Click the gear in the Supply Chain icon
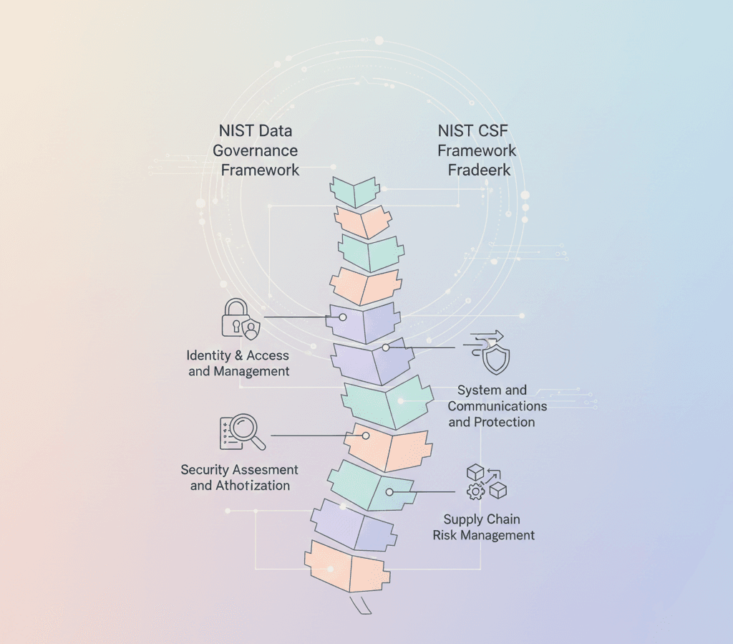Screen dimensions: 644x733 [476, 491]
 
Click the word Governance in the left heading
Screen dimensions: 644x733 [255, 151]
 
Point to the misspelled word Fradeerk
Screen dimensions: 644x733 [479, 170]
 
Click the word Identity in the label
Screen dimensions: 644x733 [208, 355]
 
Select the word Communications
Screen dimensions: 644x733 [497, 406]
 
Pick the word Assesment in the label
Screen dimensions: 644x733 [263, 470]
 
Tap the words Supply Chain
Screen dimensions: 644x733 [482, 519]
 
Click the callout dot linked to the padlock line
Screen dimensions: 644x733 [343, 317]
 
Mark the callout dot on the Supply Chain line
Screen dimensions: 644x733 [390, 492]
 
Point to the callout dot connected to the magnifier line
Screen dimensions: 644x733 [366, 435]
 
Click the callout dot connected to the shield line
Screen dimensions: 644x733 [385, 347]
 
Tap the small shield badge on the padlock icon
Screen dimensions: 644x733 [251, 329]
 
